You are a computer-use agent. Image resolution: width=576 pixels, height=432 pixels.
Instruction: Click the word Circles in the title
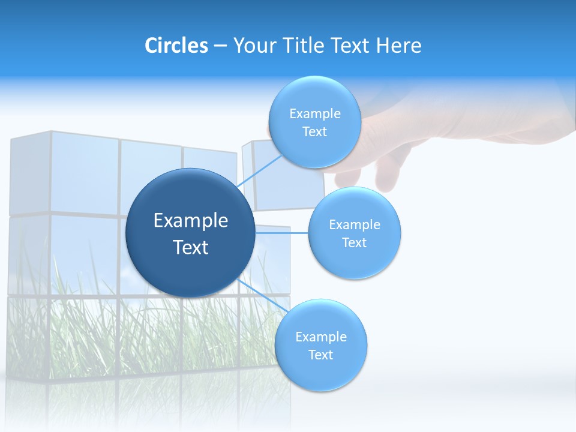point(176,46)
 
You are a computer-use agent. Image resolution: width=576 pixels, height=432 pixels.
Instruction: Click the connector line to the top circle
point(259,172)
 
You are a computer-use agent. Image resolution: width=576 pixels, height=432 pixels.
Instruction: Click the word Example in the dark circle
point(190,221)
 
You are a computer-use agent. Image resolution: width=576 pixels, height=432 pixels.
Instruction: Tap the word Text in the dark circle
point(190,247)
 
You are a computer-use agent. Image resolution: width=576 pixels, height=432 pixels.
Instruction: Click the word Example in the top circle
point(314,114)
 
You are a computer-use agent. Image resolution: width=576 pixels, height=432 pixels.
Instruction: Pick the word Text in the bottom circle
point(320,355)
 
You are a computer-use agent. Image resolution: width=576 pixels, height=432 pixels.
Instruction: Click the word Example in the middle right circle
point(354,225)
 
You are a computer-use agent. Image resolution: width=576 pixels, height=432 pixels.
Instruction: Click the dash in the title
point(220,46)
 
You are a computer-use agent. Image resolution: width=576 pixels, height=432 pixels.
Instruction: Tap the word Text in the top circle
point(314,132)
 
